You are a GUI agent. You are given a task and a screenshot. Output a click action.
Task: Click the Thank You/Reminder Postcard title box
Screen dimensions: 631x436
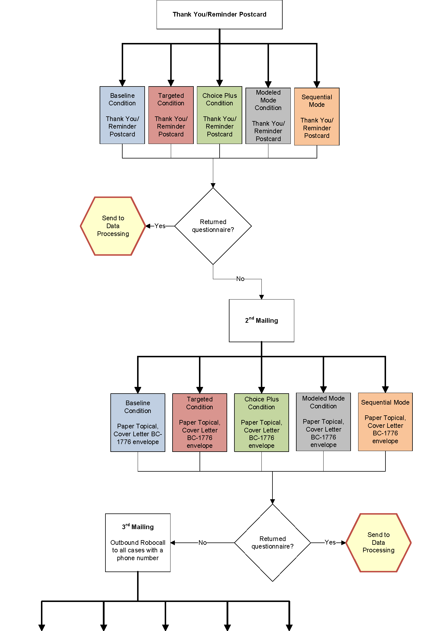pyautogui.click(x=219, y=15)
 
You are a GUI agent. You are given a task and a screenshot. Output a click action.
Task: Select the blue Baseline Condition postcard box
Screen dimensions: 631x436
pyautogui.click(x=122, y=115)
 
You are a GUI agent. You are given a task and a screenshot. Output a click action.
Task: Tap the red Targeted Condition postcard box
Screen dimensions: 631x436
pyautogui.click(x=171, y=115)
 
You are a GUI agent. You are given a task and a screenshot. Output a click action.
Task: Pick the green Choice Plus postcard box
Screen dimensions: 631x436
pyautogui.click(x=219, y=115)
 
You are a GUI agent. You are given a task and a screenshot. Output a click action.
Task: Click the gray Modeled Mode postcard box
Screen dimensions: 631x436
pyautogui.click(x=268, y=116)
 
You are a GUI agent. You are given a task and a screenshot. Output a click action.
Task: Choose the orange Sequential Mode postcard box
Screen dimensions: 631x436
pyautogui.click(x=317, y=116)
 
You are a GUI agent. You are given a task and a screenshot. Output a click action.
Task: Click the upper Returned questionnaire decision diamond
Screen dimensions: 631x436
pyautogui.click(x=213, y=226)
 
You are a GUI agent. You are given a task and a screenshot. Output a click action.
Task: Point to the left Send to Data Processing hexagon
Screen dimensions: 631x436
pyautogui.click(x=113, y=226)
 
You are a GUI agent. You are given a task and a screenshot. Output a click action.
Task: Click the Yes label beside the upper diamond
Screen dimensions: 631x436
pyautogui.click(x=160, y=226)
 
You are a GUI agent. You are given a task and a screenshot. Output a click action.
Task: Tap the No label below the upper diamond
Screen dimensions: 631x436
pyautogui.click(x=240, y=279)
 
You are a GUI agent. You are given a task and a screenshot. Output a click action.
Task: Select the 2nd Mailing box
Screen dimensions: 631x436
pyautogui.click(x=261, y=320)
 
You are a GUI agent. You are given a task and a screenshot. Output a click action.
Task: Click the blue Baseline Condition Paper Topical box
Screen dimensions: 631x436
pyautogui.click(x=138, y=422)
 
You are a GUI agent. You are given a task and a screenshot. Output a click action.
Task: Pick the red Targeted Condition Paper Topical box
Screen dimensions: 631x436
pyautogui.click(x=200, y=422)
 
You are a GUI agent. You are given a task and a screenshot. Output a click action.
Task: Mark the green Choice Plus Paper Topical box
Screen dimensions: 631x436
pyautogui.click(x=261, y=422)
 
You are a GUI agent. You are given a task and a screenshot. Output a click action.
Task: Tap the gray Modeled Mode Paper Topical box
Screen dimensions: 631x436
pyautogui.click(x=323, y=422)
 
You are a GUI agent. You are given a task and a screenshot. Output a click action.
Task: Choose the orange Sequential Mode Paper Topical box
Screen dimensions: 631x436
pyautogui.click(x=385, y=422)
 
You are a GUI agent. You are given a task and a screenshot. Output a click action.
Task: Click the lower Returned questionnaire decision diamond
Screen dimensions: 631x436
pyautogui.click(x=272, y=542)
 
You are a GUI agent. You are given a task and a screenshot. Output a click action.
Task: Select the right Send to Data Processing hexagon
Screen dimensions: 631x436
pyautogui.click(x=378, y=542)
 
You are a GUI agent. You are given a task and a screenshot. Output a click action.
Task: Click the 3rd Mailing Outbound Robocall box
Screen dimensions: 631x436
pyautogui.click(x=138, y=542)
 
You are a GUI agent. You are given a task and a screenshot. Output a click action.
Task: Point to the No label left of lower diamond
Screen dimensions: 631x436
pyautogui.click(x=202, y=542)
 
